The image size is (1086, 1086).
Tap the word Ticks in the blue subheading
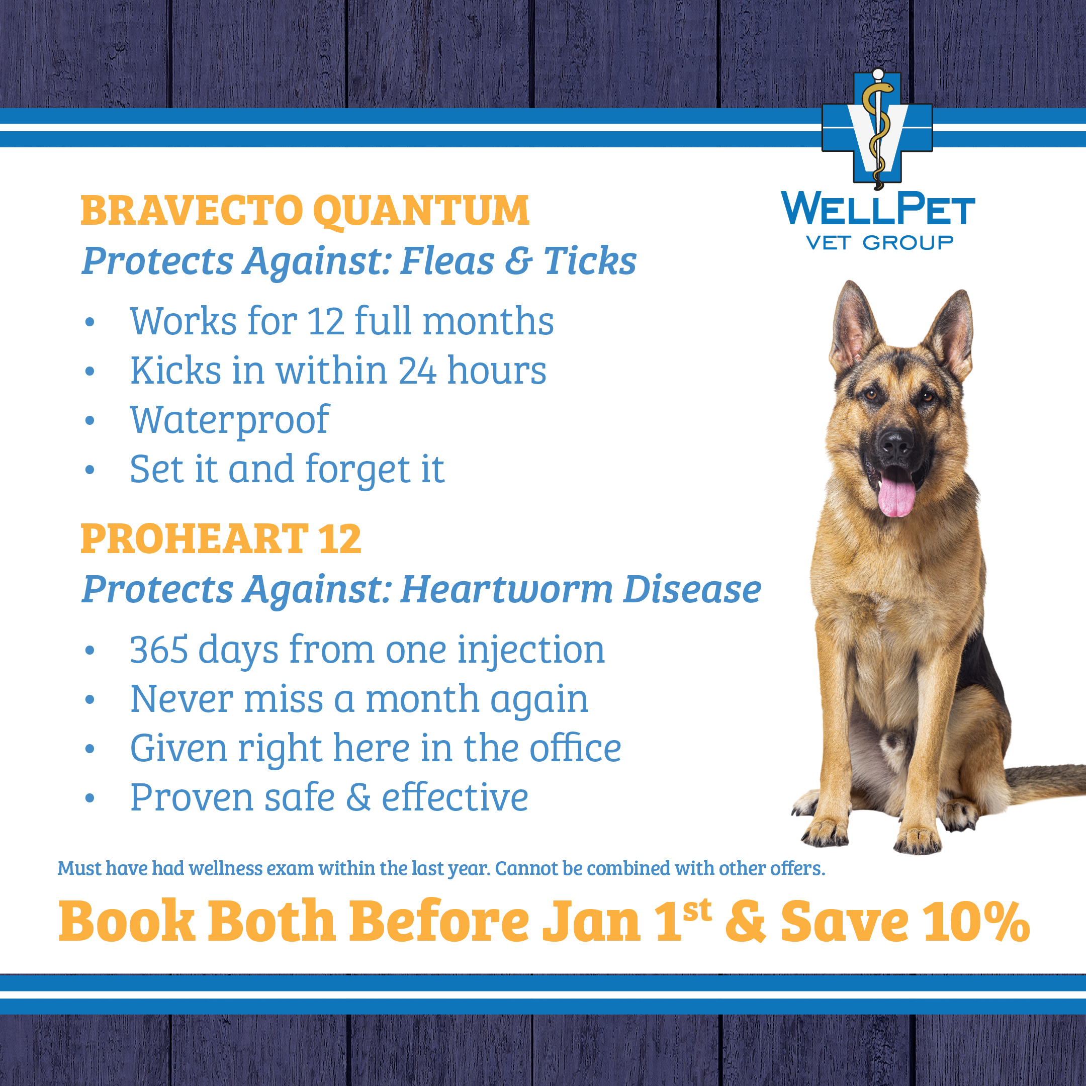(590, 261)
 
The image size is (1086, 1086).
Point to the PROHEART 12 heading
(221, 538)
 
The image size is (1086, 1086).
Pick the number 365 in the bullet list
(159, 650)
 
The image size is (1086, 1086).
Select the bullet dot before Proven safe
(90, 799)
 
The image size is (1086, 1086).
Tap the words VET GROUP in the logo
(880, 243)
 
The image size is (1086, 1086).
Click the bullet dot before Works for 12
(90, 323)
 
